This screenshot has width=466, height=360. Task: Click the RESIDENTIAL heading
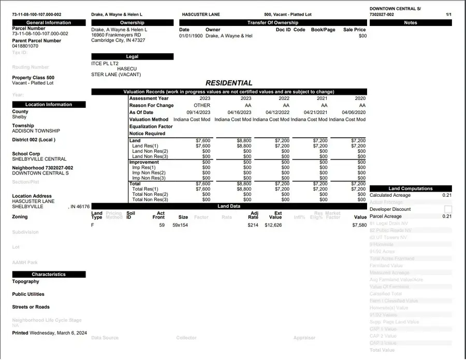tap(229, 83)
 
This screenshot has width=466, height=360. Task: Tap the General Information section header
tap(49, 23)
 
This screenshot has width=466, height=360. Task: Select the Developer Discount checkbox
tap(448, 209)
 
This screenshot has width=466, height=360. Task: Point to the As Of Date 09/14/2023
tap(199, 112)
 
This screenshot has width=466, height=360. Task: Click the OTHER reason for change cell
tap(202, 105)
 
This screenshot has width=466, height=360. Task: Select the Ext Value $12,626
tap(273, 225)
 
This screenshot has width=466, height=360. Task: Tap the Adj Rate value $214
tap(253, 225)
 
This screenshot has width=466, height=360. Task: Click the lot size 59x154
tap(180, 225)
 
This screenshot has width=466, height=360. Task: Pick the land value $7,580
tap(359, 225)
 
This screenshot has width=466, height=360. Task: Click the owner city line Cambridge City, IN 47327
tap(118, 40)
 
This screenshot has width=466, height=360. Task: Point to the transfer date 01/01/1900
tap(191, 36)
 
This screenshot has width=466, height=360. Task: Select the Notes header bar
tap(410, 23)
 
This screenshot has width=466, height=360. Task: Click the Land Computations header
tap(410, 189)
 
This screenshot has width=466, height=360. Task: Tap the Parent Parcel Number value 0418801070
tap(25, 46)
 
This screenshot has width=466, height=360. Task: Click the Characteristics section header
tap(49, 275)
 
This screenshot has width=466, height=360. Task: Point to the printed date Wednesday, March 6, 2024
tap(59, 333)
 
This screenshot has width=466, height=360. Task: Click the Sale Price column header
tap(354, 30)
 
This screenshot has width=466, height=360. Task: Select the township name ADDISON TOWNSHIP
tap(36, 131)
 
